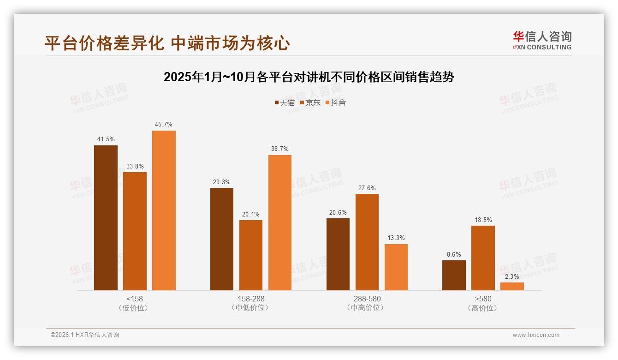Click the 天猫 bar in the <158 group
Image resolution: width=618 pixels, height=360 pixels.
pos(106,218)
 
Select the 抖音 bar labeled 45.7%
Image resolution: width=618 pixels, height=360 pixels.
pos(164,210)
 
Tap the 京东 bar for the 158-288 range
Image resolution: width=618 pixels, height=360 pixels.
pos(250,255)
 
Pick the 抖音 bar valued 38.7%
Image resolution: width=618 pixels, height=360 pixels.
pos(280,222)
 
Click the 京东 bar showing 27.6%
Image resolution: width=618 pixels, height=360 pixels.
pos(367,242)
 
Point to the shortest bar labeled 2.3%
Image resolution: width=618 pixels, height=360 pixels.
pos(512,286)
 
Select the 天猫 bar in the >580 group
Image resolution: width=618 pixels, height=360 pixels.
pos(454,275)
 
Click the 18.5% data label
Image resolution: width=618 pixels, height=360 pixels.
pos(483,220)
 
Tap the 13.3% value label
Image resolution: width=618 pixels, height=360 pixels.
pos(396,238)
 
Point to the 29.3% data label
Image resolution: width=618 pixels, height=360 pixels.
pos(221,182)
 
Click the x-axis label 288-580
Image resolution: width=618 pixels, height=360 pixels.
pos(367,299)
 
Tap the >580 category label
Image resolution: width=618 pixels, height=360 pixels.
pos(483,299)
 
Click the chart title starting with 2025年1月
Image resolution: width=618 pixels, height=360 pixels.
pos(309,77)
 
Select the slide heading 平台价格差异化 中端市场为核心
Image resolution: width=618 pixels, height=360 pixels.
pos(167,43)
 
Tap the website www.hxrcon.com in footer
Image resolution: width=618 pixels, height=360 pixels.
pos(535,335)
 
